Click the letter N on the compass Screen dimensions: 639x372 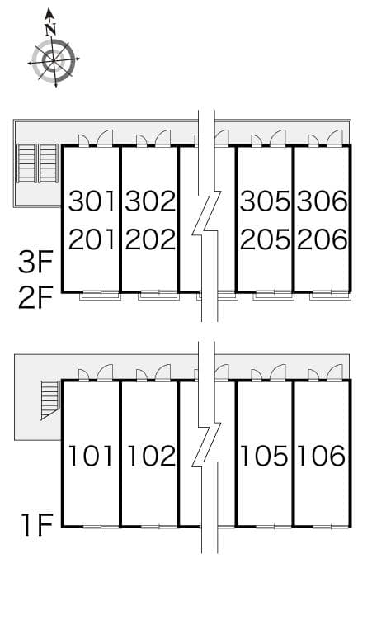click(51, 28)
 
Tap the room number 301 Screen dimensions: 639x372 click(92, 201)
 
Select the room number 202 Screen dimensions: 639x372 click(150, 239)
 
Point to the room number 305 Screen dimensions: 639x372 click(265, 201)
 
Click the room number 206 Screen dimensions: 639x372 click(323, 239)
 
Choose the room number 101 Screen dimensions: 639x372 click(92, 455)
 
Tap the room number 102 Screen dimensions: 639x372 click(150, 455)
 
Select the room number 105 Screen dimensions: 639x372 click(265, 455)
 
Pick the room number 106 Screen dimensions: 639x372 click(323, 455)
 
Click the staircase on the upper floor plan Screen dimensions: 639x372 click(38, 163)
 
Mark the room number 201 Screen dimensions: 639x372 click(92, 239)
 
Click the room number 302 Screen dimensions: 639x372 click(150, 201)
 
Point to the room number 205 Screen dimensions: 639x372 click(265, 239)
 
